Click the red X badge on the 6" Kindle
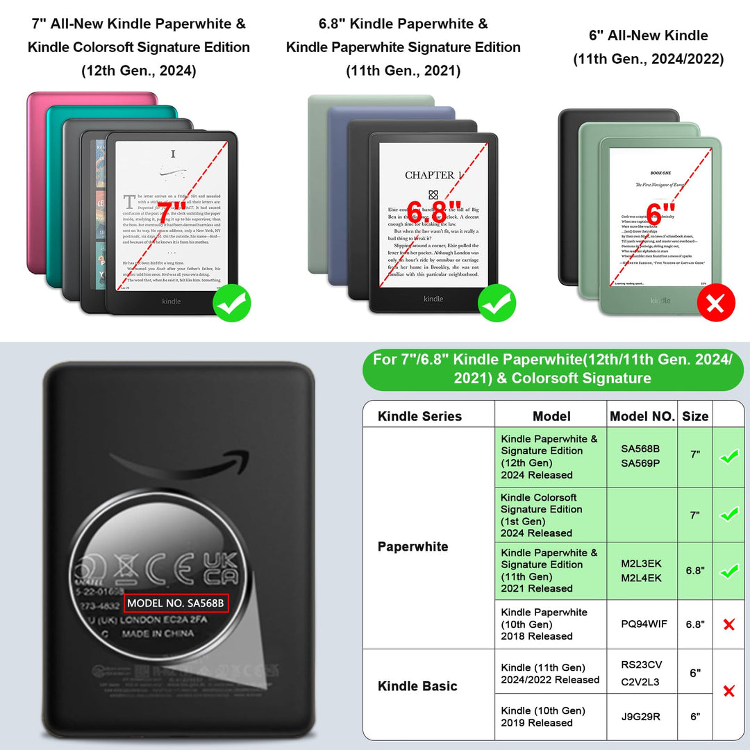click(715, 303)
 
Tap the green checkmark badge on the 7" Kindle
click(231, 303)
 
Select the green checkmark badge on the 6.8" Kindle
click(497, 303)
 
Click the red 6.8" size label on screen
click(434, 209)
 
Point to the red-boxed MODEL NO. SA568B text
click(176, 603)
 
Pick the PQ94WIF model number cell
click(642, 624)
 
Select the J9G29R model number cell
click(642, 716)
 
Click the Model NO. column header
click(642, 416)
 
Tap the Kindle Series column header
click(419, 416)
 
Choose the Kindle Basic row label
click(417, 686)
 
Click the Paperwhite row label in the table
click(412, 547)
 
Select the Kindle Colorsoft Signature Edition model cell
click(550, 515)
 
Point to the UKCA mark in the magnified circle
click(221, 569)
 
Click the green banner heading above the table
click(552, 369)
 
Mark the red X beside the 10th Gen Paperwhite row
click(728, 624)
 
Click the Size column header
click(695, 416)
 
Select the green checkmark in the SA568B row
click(728, 457)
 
